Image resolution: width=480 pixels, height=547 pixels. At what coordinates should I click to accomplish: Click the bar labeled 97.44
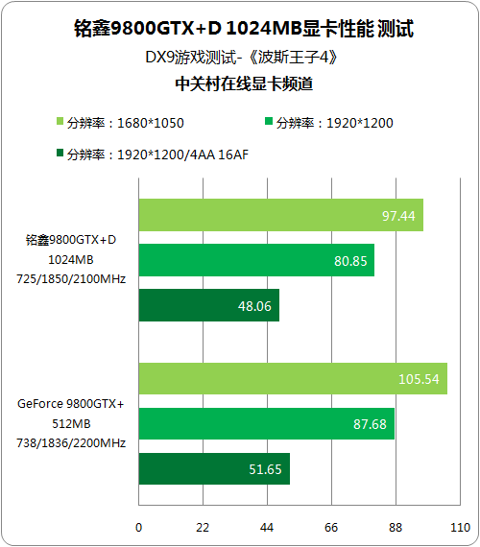(281, 215)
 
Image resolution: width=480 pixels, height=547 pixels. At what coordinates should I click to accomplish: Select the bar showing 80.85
(256, 260)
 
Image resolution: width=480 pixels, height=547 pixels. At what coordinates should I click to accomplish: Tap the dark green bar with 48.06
(209, 305)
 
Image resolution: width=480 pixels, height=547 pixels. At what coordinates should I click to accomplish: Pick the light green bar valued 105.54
(293, 378)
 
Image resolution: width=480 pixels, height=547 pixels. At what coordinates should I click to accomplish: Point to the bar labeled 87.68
(267, 423)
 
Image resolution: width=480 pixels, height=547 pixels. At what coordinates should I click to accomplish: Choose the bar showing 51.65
(214, 468)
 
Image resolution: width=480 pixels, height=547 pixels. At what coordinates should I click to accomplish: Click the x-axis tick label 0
(138, 528)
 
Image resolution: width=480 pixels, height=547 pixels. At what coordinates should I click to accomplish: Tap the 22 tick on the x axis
(203, 528)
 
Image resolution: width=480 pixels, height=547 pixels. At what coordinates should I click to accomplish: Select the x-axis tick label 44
(267, 528)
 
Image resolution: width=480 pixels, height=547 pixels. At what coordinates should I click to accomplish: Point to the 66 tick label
(331, 528)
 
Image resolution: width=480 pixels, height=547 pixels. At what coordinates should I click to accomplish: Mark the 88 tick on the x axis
(396, 528)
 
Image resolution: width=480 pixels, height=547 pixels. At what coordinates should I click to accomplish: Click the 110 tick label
(460, 528)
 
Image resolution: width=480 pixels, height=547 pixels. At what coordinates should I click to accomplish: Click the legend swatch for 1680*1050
(60, 121)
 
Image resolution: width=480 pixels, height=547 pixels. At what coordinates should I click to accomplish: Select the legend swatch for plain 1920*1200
(269, 121)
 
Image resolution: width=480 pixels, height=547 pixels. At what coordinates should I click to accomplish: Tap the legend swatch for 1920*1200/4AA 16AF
(60, 153)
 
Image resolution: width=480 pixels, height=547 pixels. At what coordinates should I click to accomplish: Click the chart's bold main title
(244, 28)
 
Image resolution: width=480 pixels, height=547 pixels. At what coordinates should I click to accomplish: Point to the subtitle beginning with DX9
(242, 58)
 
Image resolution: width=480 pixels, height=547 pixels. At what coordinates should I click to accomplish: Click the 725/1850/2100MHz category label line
(71, 279)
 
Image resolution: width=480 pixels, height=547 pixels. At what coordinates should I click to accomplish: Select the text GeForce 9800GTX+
(71, 404)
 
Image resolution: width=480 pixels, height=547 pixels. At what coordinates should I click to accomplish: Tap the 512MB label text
(71, 423)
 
